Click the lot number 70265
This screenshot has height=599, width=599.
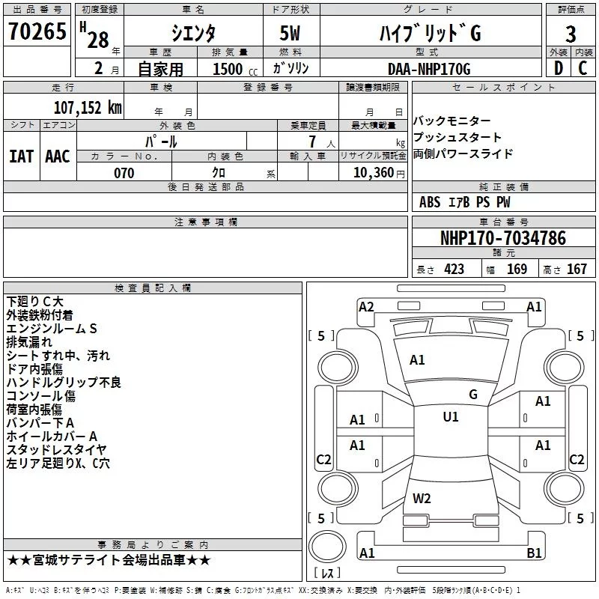click(x=37, y=31)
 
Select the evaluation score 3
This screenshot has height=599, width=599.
click(x=571, y=34)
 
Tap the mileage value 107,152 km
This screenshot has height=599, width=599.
click(x=88, y=108)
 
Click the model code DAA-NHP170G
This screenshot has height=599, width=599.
click(x=429, y=69)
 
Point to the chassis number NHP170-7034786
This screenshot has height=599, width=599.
click(x=503, y=237)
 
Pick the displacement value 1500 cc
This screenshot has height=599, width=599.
click(x=235, y=69)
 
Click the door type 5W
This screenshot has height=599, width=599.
click(x=290, y=33)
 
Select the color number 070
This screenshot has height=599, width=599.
click(x=124, y=173)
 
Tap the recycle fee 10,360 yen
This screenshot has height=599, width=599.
click(x=379, y=173)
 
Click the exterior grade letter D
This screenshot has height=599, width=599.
click(x=559, y=68)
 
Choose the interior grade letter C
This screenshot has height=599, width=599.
click(x=583, y=68)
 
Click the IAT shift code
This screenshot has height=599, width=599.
click(x=21, y=156)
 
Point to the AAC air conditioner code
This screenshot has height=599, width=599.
click(x=58, y=156)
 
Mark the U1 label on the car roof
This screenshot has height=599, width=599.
click(x=451, y=416)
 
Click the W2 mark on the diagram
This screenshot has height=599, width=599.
click(x=422, y=498)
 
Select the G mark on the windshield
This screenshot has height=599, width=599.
click(x=473, y=394)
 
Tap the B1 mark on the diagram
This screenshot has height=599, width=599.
click(x=534, y=553)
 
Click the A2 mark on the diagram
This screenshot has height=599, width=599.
click(x=366, y=307)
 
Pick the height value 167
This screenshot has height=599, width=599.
click(x=577, y=269)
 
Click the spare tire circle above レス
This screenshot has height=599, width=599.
click(x=327, y=547)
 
